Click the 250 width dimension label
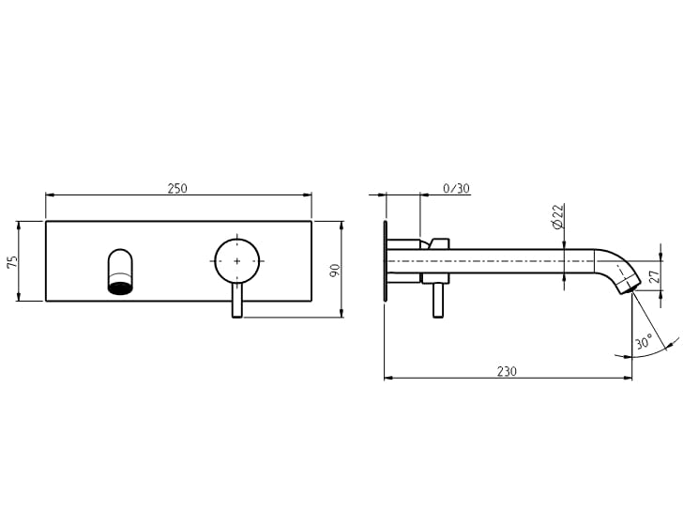[x=177, y=188]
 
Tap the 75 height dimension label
[x=13, y=262]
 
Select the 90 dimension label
[x=335, y=270]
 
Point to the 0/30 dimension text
[x=456, y=188]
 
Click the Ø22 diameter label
[x=558, y=216]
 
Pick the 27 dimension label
[x=655, y=276]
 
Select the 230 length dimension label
[x=507, y=371]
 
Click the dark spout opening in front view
[x=120, y=288]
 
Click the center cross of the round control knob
[x=237, y=261]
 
